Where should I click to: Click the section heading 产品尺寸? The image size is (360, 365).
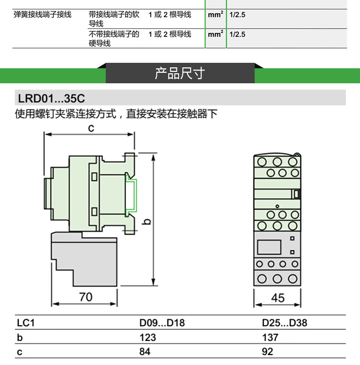click(x=180, y=73)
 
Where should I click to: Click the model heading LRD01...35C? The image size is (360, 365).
click(x=51, y=98)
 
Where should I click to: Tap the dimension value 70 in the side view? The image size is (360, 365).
click(x=85, y=297)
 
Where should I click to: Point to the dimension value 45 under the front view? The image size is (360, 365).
click(x=277, y=298)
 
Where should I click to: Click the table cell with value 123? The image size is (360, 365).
click(x=147, y=338)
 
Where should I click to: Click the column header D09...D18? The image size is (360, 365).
click(x=162, y=324)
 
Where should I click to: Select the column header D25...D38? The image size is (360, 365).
click(x=284, y=324)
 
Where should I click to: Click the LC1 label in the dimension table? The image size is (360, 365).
click(x=26, y=324)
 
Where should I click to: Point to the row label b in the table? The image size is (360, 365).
click(x=20, y=338)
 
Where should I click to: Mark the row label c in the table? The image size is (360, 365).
click(x=20, y=351)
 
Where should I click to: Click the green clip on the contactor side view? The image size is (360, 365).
click(x=131, y=196)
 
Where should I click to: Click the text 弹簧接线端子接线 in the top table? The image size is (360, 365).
click(x=43, y=15)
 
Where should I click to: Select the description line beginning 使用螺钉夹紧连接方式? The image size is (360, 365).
click(x=117, y=114)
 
